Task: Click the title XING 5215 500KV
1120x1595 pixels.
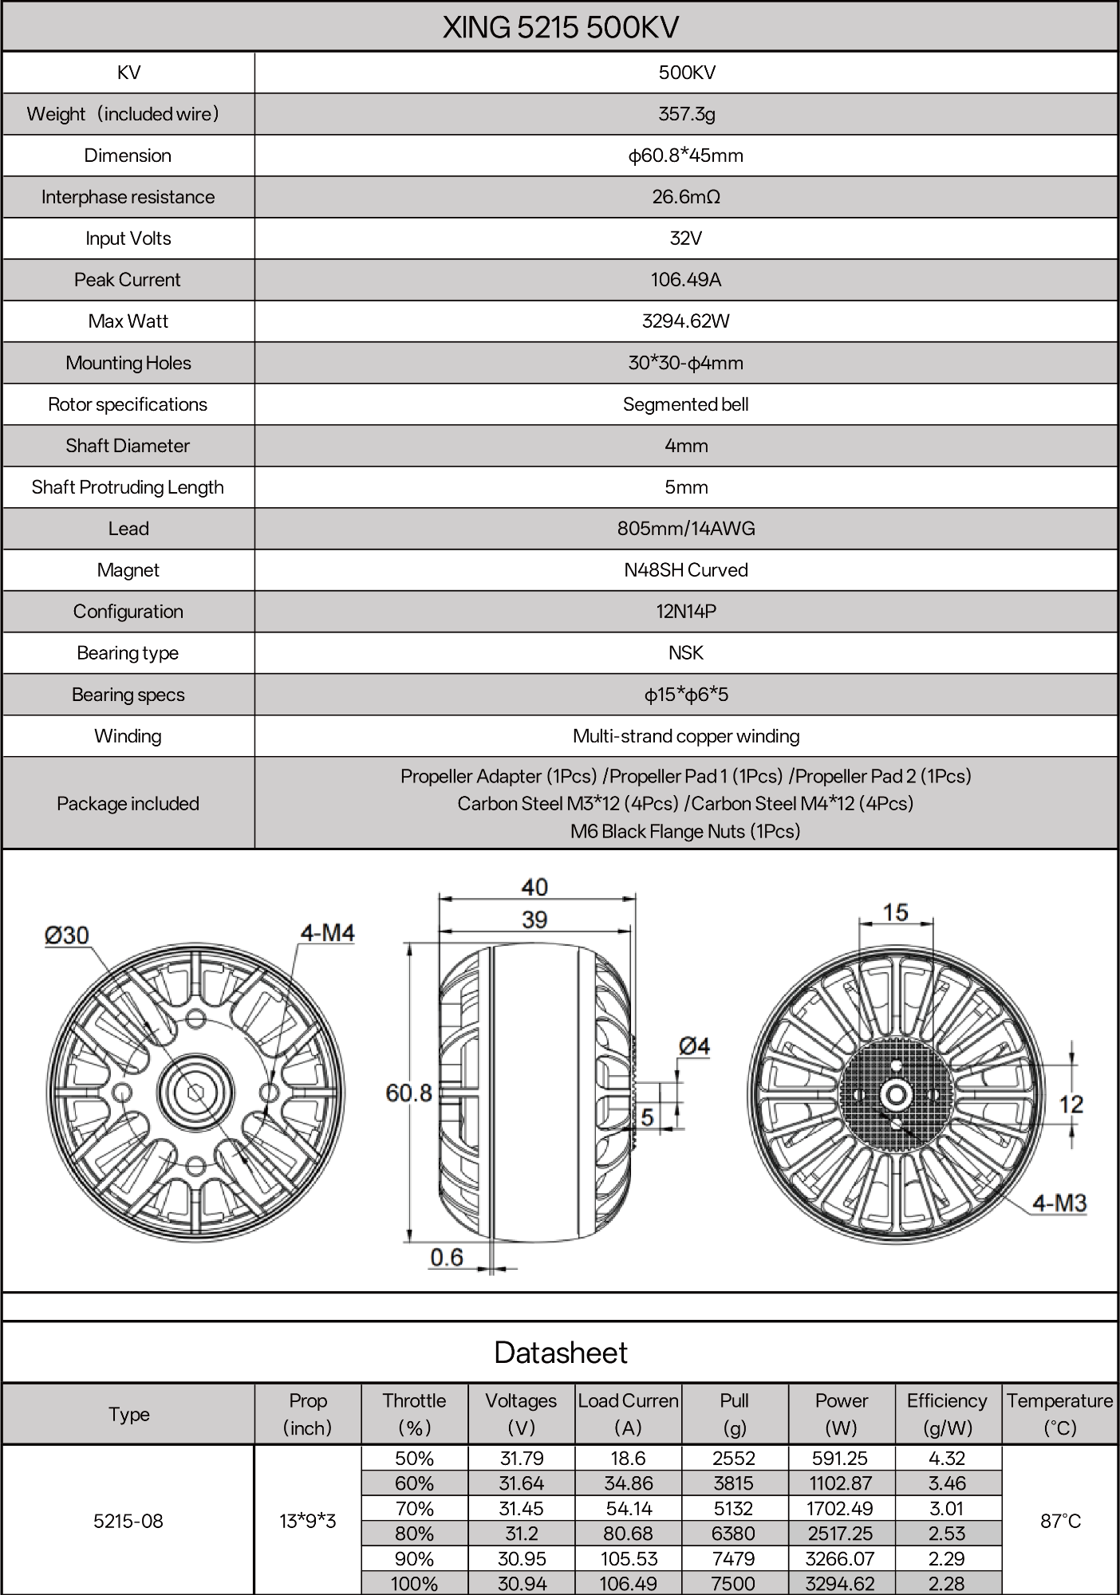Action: point(560,28)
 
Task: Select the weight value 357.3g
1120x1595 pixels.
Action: point(686,114)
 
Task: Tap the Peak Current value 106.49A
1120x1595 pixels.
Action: point(686,280)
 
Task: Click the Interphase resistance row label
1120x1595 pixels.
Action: point(128,197)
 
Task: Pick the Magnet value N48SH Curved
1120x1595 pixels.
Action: point(686,570)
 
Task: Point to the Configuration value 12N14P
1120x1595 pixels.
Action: point(686,612)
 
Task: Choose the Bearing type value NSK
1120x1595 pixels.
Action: point(686,653)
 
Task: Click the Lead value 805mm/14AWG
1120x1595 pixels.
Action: point(686,529)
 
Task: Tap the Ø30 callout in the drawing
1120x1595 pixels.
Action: point(67,935)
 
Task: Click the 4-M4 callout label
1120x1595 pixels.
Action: point(327,932)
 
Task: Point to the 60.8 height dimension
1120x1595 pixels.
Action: point(408,1093)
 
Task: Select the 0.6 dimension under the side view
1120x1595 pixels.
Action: point(447,1258)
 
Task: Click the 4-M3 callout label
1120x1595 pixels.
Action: point(1059,1203)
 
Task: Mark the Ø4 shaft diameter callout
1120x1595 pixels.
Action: point(694,1046)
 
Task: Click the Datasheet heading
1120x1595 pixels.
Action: point(560,1353)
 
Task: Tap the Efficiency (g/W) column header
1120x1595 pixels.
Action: point(947,1414)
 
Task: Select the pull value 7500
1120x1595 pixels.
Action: point(734,1584)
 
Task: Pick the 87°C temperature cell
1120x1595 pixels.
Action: point(1060,1521)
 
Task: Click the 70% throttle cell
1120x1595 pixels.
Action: point(414,1508)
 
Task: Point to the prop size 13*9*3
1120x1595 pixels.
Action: point(308,1521)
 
